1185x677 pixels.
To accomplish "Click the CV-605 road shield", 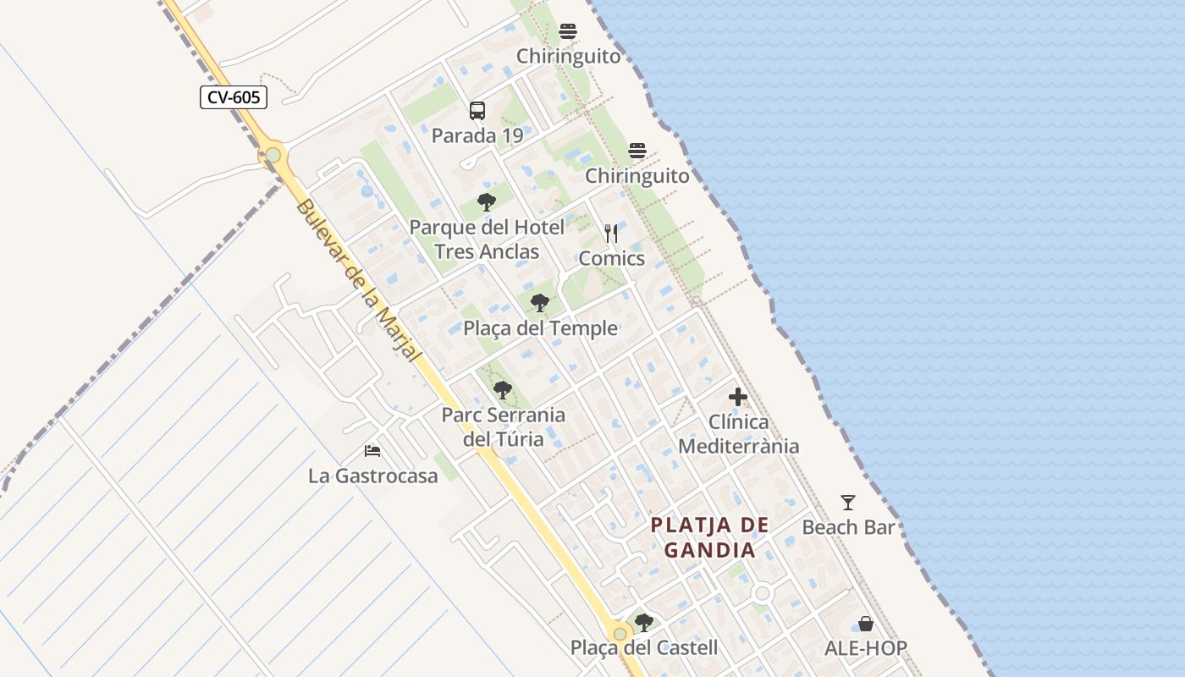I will [x=234, y=97].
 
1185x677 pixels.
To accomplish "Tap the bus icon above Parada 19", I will [x=477, y=111].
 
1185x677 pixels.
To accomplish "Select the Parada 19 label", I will [x=477, y=135].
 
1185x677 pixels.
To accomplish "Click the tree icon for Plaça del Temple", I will [x=539, y=303].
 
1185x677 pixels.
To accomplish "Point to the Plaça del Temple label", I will [x=540, y=328].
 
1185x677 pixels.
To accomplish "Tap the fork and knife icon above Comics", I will [x=611, y=234].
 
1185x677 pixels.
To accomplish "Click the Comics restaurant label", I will [x=611, y=258].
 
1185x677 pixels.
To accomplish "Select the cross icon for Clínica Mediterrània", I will [x=738, y=396].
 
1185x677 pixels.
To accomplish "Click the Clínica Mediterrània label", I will [x=739, y=433].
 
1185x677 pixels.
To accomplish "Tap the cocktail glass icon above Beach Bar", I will [x=848, y=503].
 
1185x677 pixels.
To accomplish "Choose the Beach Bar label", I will [x=848, y=527].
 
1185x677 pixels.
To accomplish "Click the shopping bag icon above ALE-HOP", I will [x=866, y=624].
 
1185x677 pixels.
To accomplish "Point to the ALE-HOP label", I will [x=866, y=649].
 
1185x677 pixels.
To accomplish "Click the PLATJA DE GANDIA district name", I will [x=709, y=537].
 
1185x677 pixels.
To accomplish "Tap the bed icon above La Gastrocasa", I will [x=372, y=450].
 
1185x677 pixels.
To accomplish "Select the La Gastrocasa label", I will [x=373, y=476].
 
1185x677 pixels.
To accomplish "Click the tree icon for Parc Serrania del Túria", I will [x=503, y=390].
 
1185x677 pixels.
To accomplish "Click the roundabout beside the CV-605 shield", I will [x=273, y=155].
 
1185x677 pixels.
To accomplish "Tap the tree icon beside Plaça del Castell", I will [x=643, y=623].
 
